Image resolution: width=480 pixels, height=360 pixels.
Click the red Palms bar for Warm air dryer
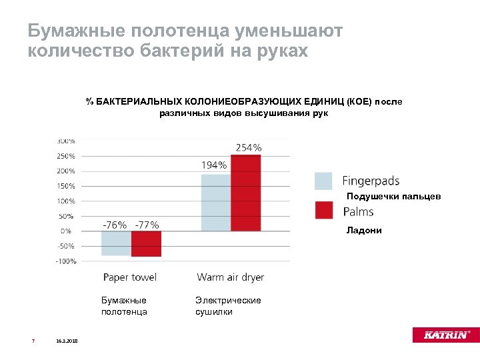tap(245, 193)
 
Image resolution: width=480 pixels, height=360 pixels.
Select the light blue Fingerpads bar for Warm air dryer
tap(216, 203)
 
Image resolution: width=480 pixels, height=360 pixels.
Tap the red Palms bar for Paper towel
tap(146, 243)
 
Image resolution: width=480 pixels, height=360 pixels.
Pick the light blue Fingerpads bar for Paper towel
tap(116, 243)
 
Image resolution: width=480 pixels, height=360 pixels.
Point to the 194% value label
tap(214, 165)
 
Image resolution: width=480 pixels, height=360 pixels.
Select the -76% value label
tap(115, 225)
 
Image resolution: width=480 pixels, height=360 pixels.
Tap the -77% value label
tap(147, 225)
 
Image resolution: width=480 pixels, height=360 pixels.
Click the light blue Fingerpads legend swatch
tap(323, 181)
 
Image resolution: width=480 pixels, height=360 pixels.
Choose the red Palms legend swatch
tap(323, 211)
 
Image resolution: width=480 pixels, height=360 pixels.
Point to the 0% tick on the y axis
tap(67, 231)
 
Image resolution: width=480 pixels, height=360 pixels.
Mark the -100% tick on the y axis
tap(65, 261)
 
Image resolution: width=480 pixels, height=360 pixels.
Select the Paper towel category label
tap(129, 277)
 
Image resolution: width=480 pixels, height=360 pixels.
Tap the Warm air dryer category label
tap(230, 277)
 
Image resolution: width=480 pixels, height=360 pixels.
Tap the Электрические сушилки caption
tap(227, 305)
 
